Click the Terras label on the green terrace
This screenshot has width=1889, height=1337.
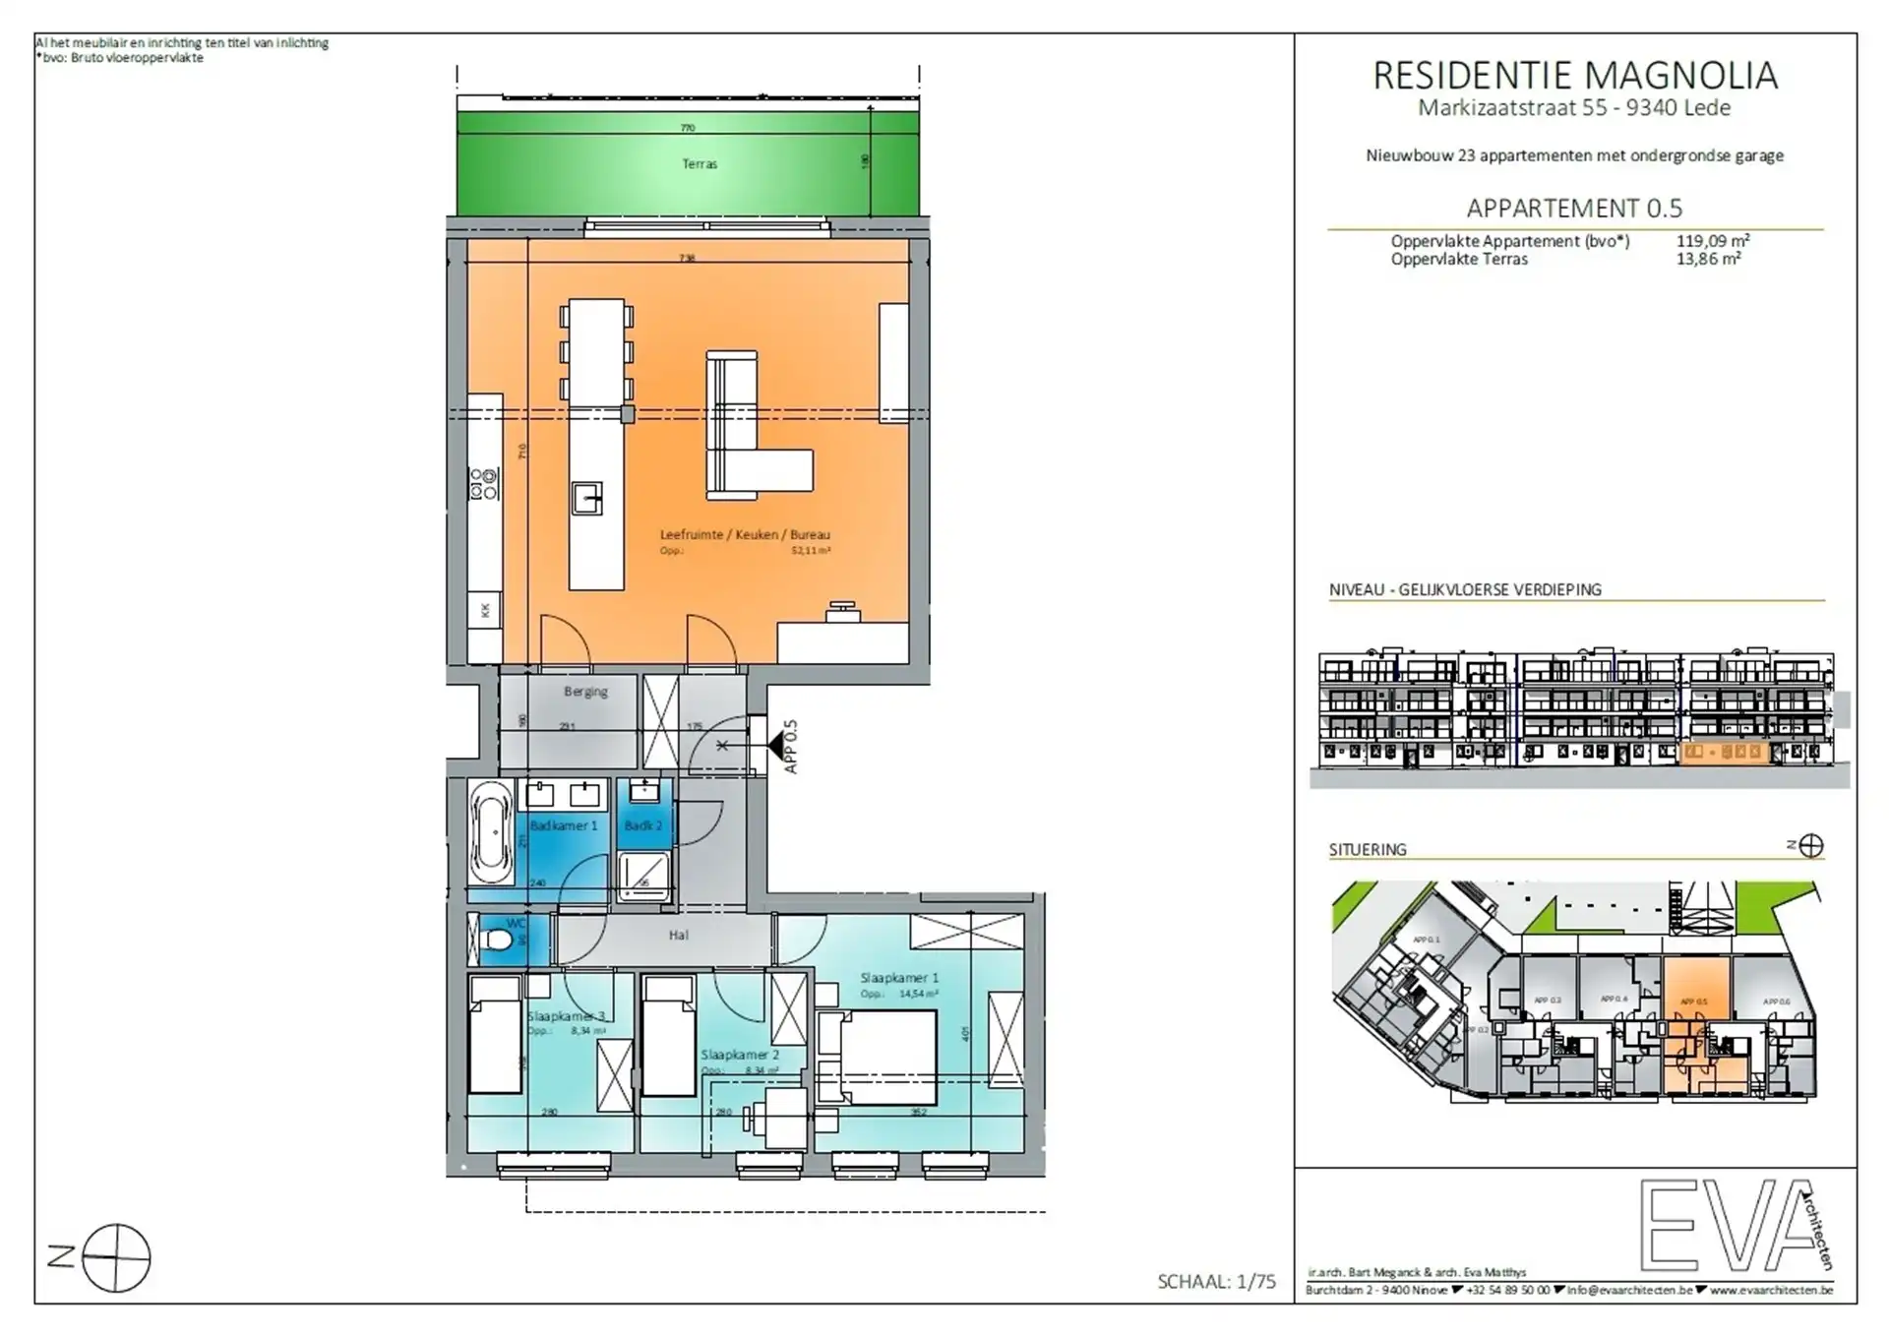tap(700, 164)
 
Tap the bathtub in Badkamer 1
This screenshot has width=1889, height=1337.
tap(490, 832)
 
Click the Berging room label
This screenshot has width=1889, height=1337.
tap(585, 692)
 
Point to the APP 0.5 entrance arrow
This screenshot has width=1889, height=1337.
tap(779, 746)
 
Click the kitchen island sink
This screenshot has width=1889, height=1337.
tap(587, 498)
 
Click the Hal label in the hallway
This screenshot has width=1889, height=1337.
tap(679, 936)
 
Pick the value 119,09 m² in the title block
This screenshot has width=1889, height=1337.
tap(1713, 241)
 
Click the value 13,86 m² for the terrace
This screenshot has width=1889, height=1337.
tap(1709, 260)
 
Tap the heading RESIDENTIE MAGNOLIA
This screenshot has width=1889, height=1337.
tap(1575, 77)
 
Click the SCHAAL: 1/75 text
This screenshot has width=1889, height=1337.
tap(1216, 1282)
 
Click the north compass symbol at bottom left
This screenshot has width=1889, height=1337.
tap(116, 1258)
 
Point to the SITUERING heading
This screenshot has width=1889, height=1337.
tap(1368, 849)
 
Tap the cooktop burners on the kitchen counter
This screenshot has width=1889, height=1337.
tap(484, 483)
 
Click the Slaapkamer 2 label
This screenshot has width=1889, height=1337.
tap(740, 1055)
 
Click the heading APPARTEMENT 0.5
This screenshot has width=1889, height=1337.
tap(1574, 209)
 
